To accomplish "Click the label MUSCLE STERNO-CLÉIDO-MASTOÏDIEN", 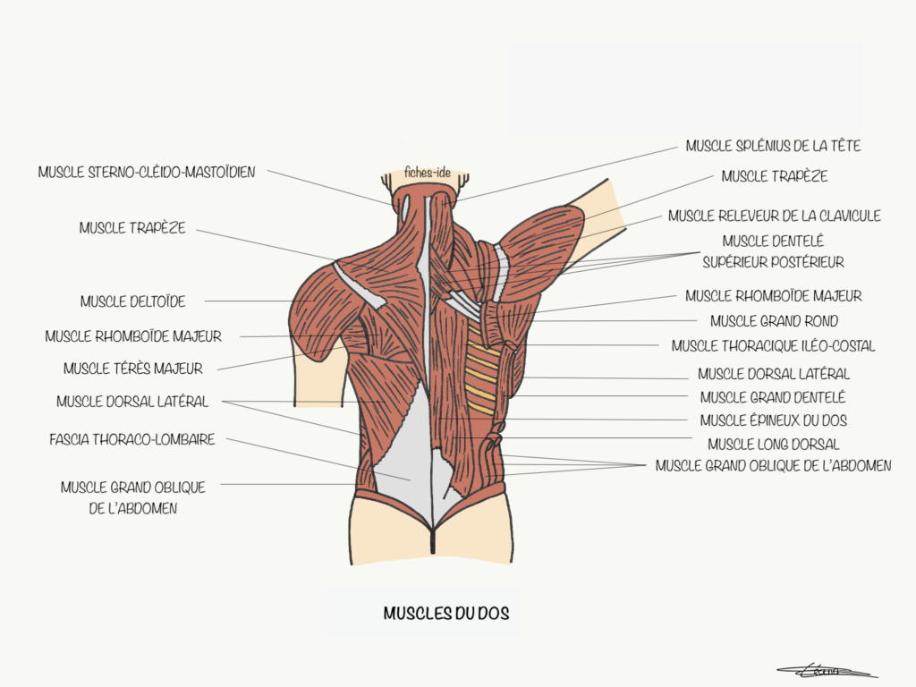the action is (x=147, y=173).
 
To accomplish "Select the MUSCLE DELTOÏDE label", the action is (x=132, y=301).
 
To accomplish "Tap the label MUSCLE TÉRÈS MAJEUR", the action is (x=133, y=369).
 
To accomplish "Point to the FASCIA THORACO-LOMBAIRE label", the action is (x=132, y=439).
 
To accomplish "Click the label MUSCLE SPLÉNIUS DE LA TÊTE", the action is (x=773, y=146).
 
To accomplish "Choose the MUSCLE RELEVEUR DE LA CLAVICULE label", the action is (x=774, y=216).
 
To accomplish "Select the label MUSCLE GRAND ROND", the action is (x=774, y=321).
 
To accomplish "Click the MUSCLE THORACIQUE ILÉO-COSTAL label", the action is (x=773, y=346).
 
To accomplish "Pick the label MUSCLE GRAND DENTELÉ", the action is (x=772, y=398).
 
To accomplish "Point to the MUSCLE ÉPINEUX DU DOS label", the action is (x=774, y=420).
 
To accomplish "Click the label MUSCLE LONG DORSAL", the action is (x=774, y=445).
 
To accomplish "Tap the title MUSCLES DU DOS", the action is (x=446, y=613).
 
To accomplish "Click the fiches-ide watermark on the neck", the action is (x=428, y=173).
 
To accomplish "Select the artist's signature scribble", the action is (x=827, y=671).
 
